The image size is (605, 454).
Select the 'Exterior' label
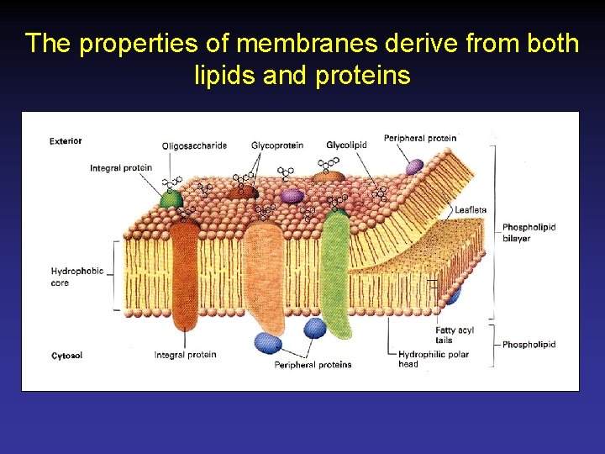tap(66, 140)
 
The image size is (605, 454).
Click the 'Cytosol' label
tap(66, 356)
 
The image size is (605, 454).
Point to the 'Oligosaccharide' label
tap(194, 145)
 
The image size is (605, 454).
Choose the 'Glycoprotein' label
tap(276, 145)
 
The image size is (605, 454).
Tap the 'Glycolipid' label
tap(346, 145)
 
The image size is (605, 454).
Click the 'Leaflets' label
tap(471, 209)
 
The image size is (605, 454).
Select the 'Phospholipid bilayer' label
tap(529, 233)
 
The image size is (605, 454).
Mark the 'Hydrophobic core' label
tap(77, 277)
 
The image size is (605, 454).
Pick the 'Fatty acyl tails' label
tap(454, 335)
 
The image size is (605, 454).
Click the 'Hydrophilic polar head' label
tap(433, 359)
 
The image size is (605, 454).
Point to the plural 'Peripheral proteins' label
tap(313, 365)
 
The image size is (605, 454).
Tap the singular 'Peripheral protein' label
tap(420, 138)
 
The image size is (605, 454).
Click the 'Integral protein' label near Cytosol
tap(185, 355)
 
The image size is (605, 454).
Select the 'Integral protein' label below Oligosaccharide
tap(121, 168)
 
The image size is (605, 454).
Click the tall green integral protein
tap(336, 269)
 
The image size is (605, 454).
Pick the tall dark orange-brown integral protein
tap(184, 277)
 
